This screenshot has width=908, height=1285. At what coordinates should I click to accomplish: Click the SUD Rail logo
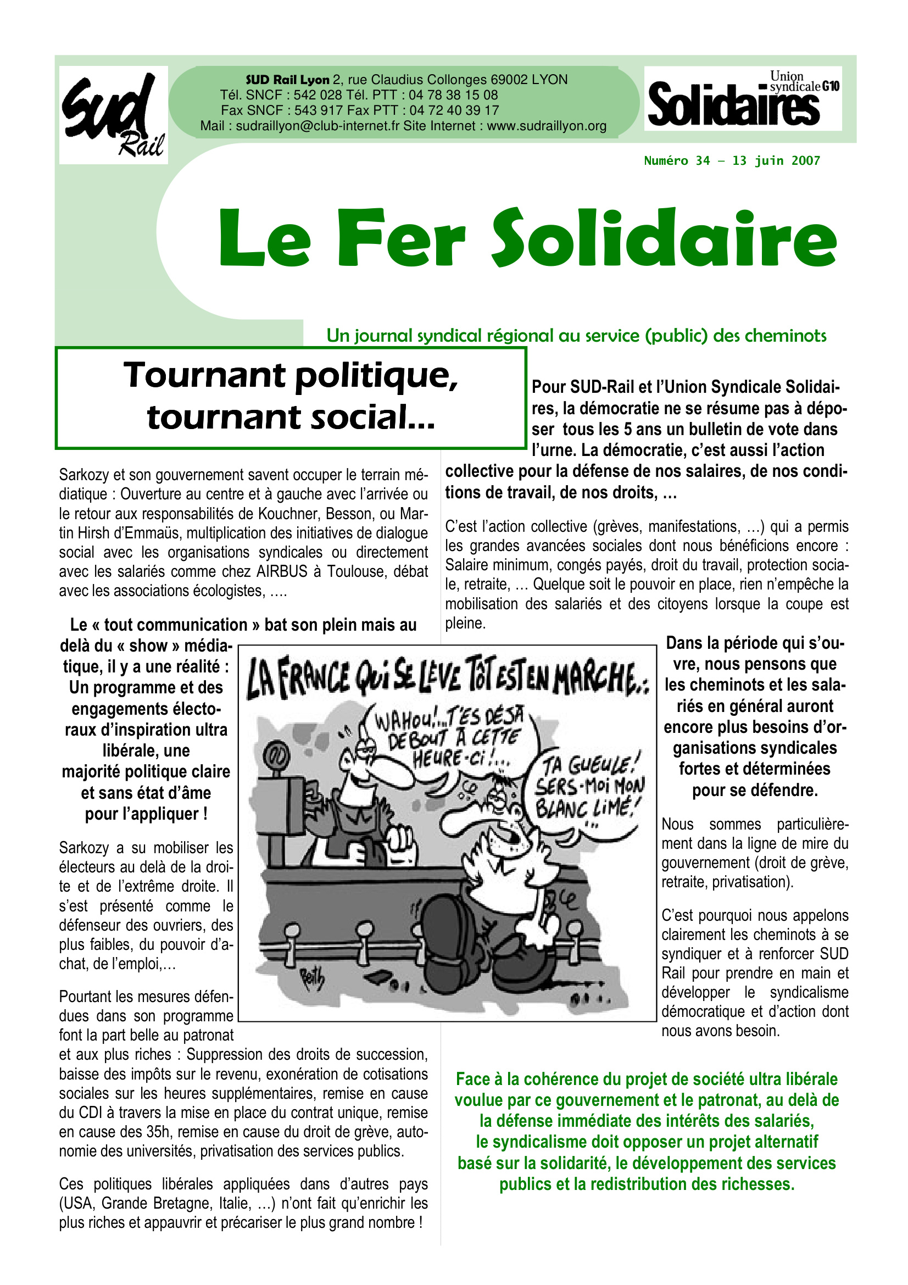114,115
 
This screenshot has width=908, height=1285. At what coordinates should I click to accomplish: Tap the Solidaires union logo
743,98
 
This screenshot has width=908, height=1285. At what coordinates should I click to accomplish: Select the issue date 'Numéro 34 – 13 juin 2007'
732,161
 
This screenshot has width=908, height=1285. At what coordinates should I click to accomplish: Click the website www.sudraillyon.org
547,126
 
